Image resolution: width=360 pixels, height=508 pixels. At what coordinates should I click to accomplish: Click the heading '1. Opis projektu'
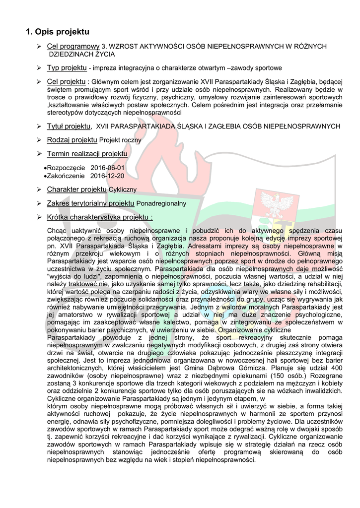58,33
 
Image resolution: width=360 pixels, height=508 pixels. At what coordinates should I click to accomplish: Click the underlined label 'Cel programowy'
73,46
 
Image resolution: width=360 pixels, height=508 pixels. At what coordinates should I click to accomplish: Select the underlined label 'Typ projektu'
68,67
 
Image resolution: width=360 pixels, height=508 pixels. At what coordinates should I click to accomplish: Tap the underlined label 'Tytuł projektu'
69,127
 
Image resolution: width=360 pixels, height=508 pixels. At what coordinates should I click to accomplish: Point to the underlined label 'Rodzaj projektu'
72,140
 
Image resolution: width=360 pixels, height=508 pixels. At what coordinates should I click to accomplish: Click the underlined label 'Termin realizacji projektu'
87,154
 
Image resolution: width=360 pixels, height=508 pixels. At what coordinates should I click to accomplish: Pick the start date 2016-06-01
108,168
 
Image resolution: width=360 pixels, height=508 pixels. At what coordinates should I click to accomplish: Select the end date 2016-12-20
108,176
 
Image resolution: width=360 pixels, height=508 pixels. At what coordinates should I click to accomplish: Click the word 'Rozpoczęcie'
66,168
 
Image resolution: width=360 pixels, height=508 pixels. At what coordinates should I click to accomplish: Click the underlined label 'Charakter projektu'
77,190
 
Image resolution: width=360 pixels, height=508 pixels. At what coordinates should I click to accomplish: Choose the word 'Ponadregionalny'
161,203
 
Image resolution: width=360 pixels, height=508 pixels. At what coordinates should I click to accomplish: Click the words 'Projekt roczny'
120,140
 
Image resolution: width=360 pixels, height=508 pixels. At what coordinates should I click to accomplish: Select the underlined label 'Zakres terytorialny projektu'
91,203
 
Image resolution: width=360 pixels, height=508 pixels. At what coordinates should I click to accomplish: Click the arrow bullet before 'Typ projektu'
39,67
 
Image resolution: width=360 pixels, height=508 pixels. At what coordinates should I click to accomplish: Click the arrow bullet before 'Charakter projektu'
39,190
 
